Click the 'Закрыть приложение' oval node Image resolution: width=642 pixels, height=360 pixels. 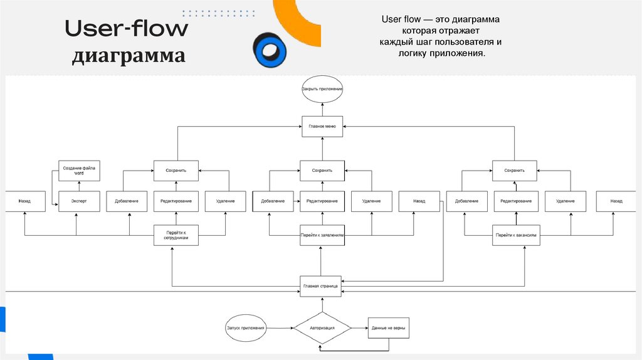[x=322, y=90]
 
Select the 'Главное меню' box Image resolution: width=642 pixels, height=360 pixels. [x=322, y=126]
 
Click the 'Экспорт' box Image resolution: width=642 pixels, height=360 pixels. [x=80, y=201]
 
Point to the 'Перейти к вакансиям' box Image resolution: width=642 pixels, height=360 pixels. [x=515, y=235]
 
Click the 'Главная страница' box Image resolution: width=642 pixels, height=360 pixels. [x=321, y=286]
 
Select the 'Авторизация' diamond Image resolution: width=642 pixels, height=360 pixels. [x=322, y=327]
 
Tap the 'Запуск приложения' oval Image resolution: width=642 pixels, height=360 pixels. [x=246, y=328]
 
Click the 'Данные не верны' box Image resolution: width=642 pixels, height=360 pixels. [x=387, y=327]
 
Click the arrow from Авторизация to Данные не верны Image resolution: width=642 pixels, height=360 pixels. [x=359, y=328]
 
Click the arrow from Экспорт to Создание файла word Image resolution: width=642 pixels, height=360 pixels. [x=80, y=186]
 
